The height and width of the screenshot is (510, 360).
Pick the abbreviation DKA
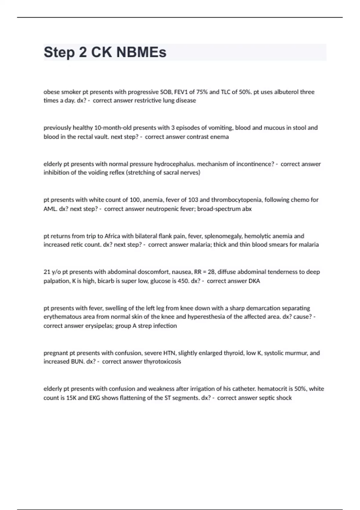[x=254, y=281]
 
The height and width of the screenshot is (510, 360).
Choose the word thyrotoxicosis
[x=162, y=361]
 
